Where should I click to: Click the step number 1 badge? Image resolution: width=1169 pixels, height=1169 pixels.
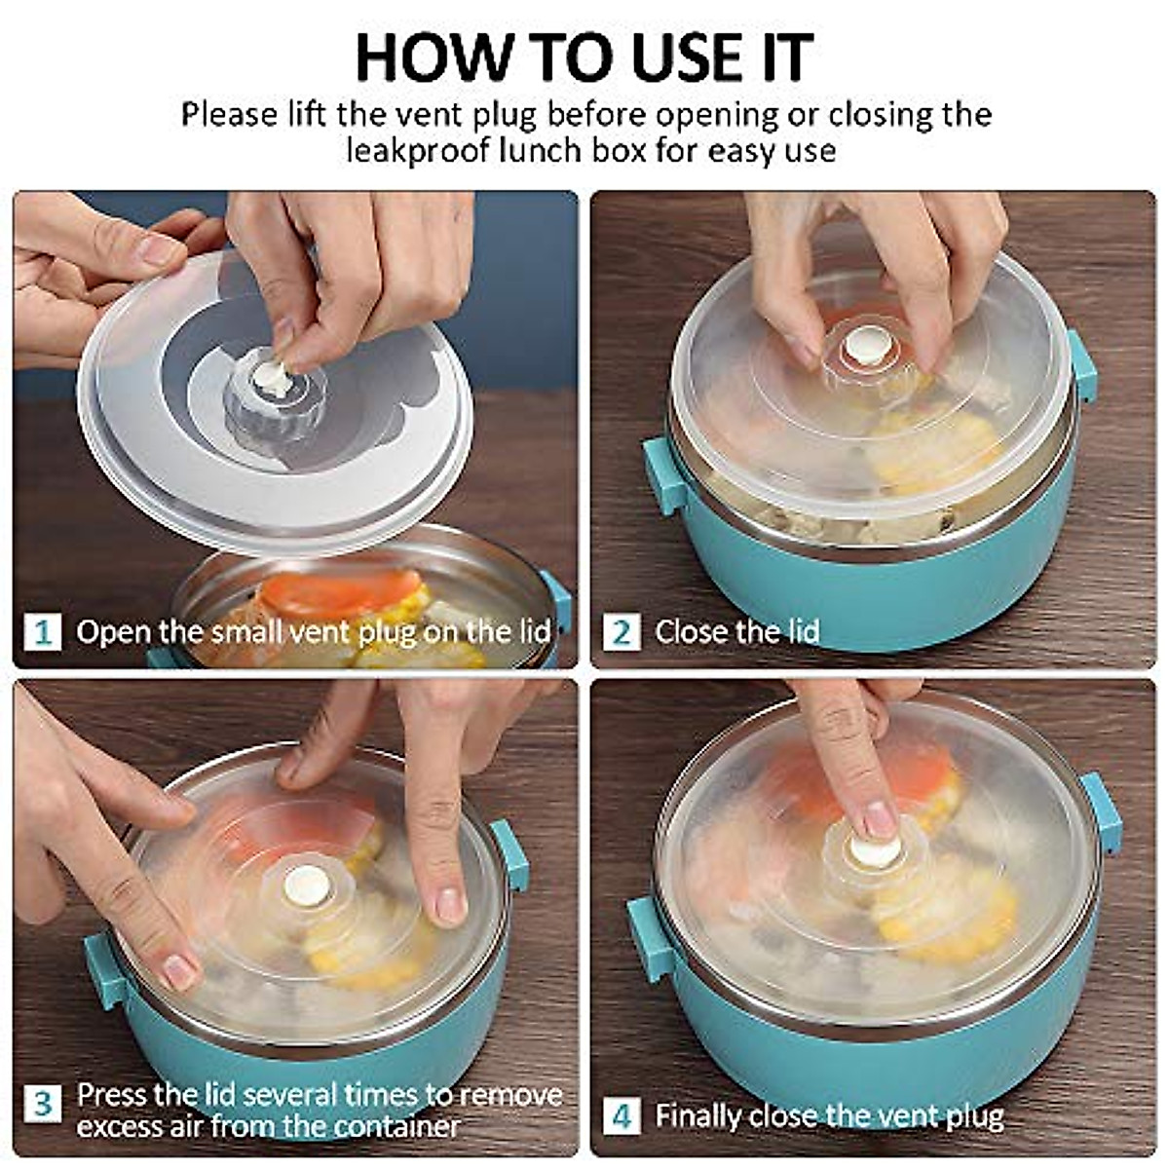point(43,631)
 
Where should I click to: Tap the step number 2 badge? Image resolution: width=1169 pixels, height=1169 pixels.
point(622,631)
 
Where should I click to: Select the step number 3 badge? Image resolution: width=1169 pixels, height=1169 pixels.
point(43,1104)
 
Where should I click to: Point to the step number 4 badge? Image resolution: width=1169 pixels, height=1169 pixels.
point(622,1115)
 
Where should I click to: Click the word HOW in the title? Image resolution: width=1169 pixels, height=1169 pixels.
point(434,57)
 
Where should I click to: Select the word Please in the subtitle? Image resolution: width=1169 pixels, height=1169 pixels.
point(229,114)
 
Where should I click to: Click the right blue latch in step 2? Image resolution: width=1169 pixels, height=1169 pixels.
point(1083,365)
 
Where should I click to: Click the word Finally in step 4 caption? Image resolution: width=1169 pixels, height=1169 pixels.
point(698,1116)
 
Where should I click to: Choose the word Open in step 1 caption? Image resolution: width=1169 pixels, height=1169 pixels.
point(113,633)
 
